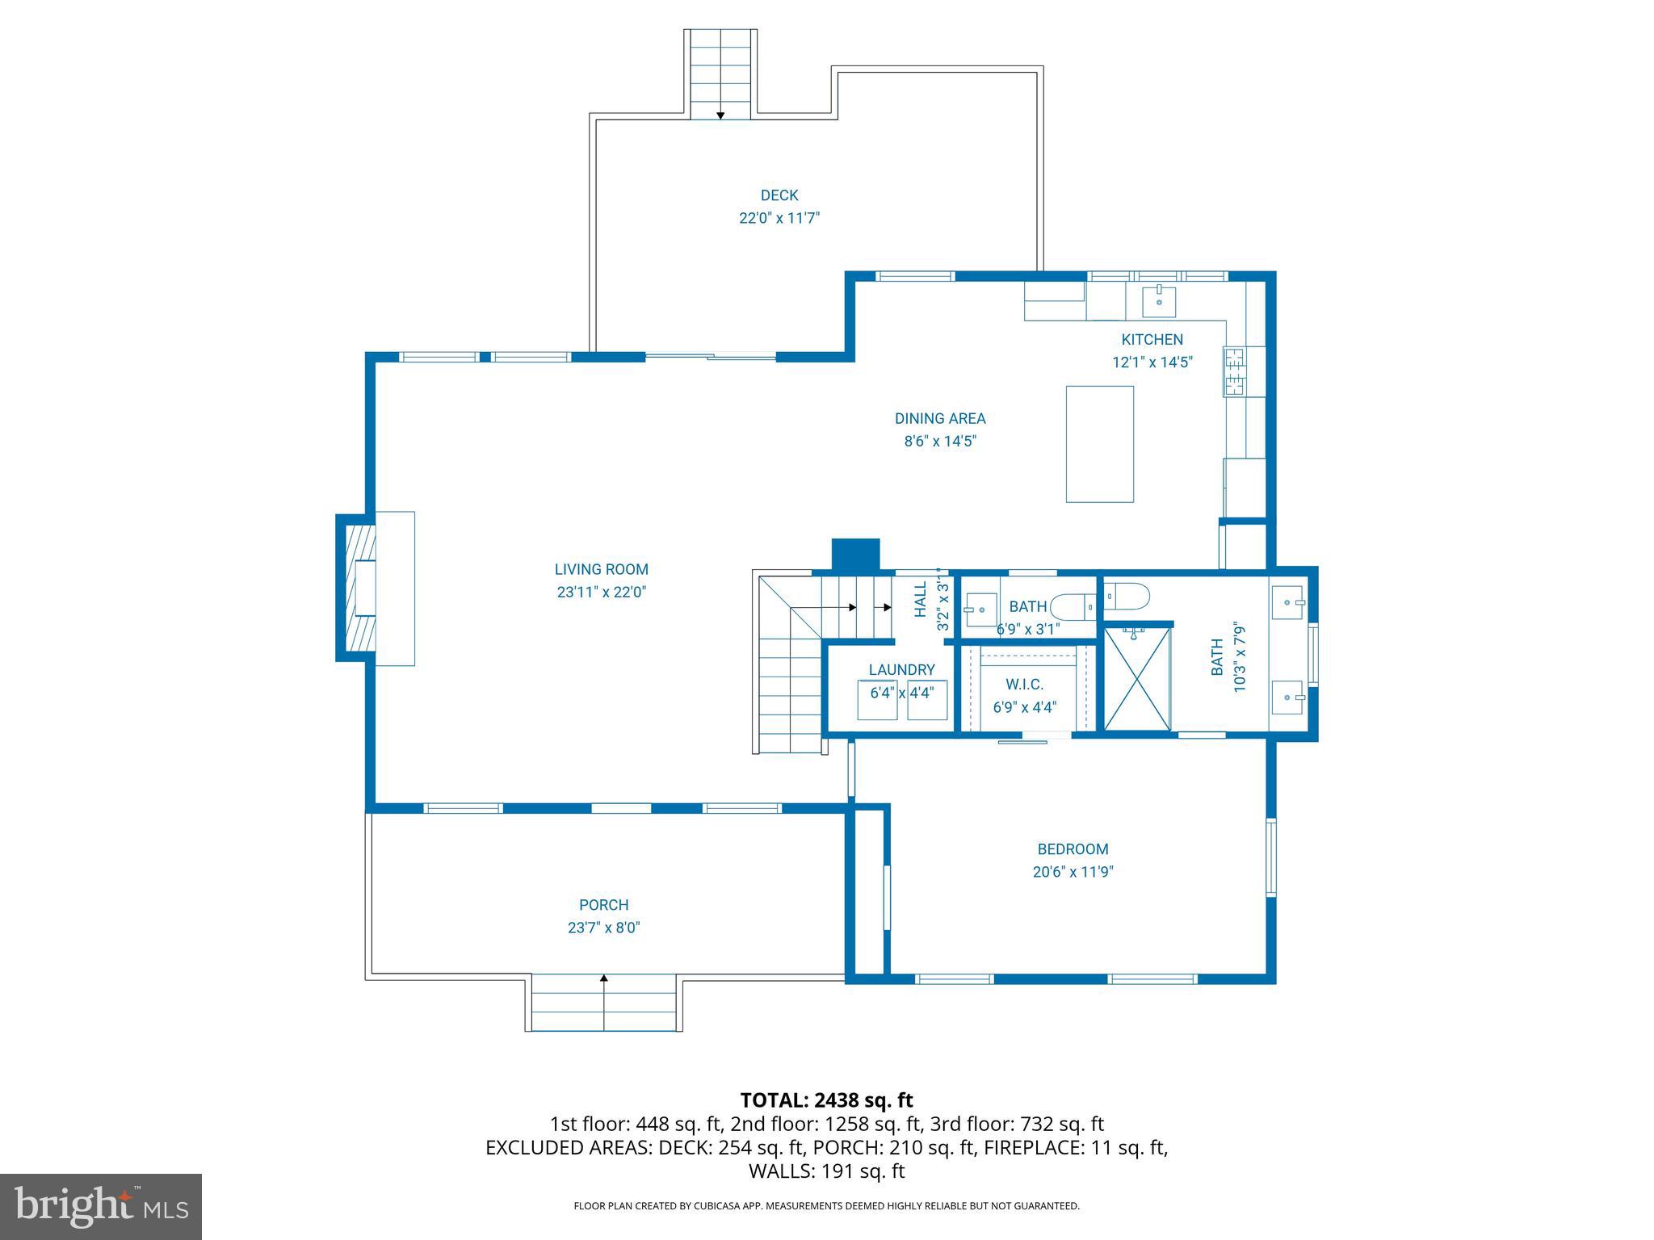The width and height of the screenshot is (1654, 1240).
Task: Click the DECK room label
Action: (x=779, y=195)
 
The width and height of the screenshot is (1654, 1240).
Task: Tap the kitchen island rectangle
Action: (x=1099, y=444)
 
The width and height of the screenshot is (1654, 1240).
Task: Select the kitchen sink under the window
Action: (x=1159, y=301)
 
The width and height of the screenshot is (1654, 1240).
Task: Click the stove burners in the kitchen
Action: (x=1233, y=371)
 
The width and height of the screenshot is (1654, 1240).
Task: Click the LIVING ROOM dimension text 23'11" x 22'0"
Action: (x=602, y=592)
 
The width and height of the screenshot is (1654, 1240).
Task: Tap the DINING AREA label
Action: (x=939, y=418)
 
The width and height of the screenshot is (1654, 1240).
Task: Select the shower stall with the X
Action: (x=1136, y=679)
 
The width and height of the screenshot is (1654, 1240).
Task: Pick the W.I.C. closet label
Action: (x=1024, y=685)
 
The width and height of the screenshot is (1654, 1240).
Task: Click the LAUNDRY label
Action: (x=901, y=669)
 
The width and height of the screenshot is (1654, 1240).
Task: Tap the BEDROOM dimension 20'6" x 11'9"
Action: (x=1073, y=872)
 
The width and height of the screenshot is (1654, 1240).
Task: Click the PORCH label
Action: (x=603, y=905)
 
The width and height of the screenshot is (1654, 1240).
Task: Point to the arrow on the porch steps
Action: (x=604, y=979)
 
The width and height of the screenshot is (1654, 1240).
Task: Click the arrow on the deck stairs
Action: (x=720, y=115)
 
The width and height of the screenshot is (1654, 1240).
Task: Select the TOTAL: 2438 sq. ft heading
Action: (x=826, y=1100)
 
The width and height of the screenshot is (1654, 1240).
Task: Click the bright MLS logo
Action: (x=101, y=1206)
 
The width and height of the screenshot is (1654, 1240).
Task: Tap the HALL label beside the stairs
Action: (x=921, y=600)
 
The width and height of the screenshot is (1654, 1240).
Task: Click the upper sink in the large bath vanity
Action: (x=1287, y=602)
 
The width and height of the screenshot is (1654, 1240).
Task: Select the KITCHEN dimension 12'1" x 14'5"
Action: (x=1152, y=362)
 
